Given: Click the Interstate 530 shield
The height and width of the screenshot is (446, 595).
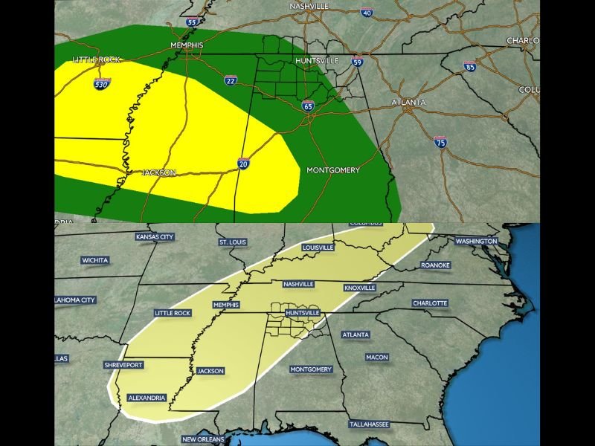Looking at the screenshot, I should (x=103, y=83).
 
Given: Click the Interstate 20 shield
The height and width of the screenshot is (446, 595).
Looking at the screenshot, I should (x=243, y=164).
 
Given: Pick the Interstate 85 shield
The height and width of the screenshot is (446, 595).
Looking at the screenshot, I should (x=469, y=66).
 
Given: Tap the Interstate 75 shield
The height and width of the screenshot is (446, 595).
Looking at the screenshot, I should (x=440, y=141).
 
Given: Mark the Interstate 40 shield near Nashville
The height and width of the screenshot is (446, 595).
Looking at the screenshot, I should (x=366, y=13).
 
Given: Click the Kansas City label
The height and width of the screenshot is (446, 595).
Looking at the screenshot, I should (x=155, y=237).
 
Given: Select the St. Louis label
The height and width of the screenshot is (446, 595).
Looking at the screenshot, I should (x=232, y=242).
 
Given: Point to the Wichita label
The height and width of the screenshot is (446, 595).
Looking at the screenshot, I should (x=95, y=260).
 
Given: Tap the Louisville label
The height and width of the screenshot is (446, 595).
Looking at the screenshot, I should (x=318, y=248).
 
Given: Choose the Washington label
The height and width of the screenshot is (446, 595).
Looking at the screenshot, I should (x=476, y=242).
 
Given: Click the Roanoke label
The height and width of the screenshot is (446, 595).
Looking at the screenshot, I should (x=435, y=265).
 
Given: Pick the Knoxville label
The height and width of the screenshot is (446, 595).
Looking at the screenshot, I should (x=363, y=288).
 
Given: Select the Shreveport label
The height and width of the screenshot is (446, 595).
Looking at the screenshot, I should (x=124, y=365).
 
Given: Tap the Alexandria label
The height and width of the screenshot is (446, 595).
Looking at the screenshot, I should (x=147, y=398).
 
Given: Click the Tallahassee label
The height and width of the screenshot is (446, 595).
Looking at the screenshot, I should (x=369, y=424).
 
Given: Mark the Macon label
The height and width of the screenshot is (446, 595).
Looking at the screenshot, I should (x=376, y=358).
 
